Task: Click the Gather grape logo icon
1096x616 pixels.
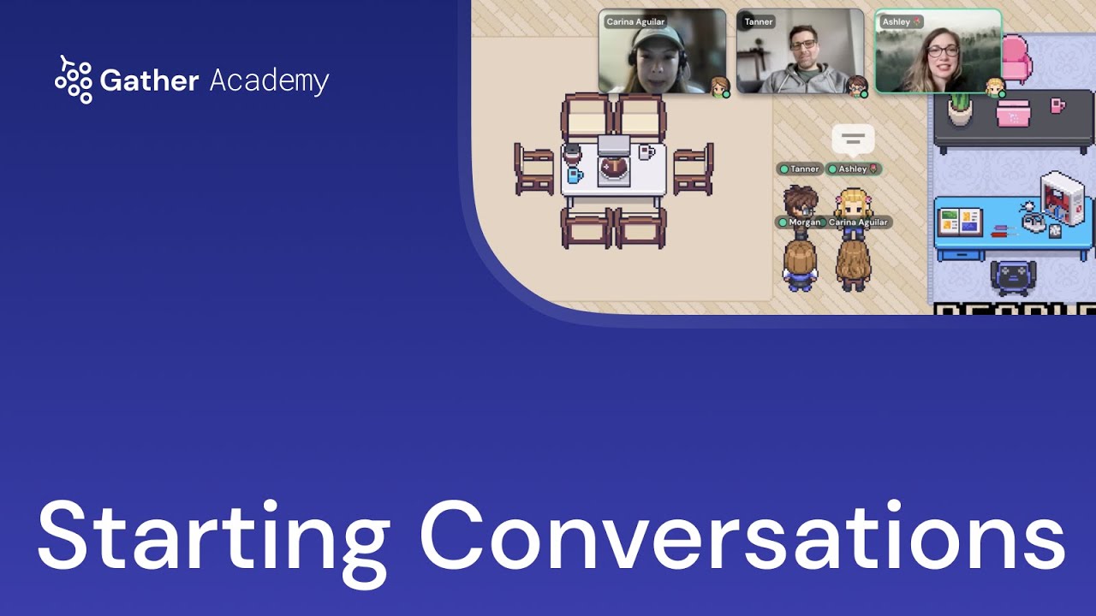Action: point(74,80)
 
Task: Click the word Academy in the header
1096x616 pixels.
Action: point(269,81)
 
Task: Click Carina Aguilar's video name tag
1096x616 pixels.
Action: point(634,22)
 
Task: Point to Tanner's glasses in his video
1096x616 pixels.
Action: point(802,44)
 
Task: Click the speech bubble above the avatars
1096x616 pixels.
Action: point(853,139)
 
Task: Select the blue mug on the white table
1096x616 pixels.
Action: point(575,175)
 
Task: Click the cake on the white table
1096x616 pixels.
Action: point(613,167)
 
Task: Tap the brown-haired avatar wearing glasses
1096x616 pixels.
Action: point(801,203)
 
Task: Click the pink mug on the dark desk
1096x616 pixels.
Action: point(1057,105)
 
